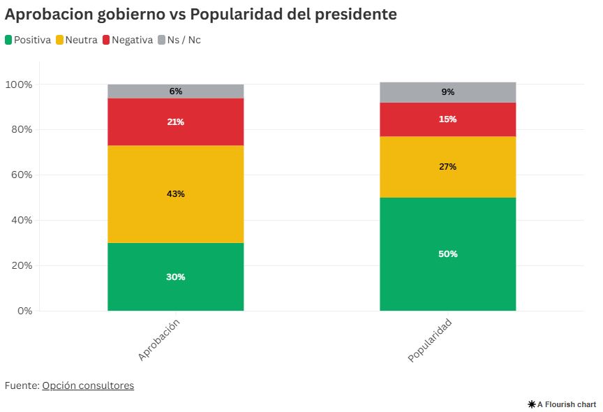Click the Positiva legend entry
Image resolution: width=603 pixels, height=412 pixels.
coord(28,40)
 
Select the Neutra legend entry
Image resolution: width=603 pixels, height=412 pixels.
coord(76,40)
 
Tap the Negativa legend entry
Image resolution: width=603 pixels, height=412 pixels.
coord(127,40)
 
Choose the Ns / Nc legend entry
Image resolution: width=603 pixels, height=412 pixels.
coord(179,40)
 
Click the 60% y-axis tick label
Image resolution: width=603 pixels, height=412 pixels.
coord(21,175)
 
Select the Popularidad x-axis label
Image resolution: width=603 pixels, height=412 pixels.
coord(430,341)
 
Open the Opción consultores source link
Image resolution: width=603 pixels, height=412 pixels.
coord(88,385)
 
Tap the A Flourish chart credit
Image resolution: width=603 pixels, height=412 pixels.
coord(563,404)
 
